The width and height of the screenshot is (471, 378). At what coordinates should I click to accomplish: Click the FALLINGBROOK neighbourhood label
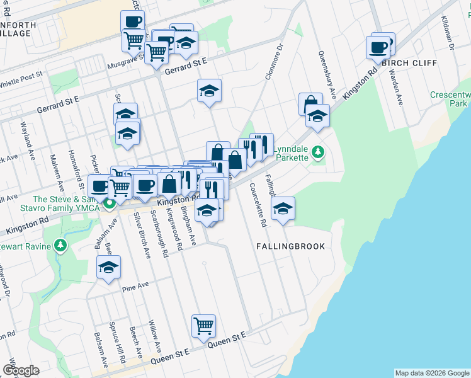290,246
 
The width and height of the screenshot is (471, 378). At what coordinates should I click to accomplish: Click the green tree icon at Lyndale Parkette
319,151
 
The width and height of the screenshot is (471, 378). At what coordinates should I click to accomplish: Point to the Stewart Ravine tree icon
60,244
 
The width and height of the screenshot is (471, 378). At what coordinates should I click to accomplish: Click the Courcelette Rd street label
258,205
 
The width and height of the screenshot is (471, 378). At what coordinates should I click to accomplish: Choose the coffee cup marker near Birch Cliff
379,47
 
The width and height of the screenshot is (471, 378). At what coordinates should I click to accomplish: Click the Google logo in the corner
20,370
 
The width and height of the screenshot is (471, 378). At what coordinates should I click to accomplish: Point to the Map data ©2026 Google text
431,373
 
